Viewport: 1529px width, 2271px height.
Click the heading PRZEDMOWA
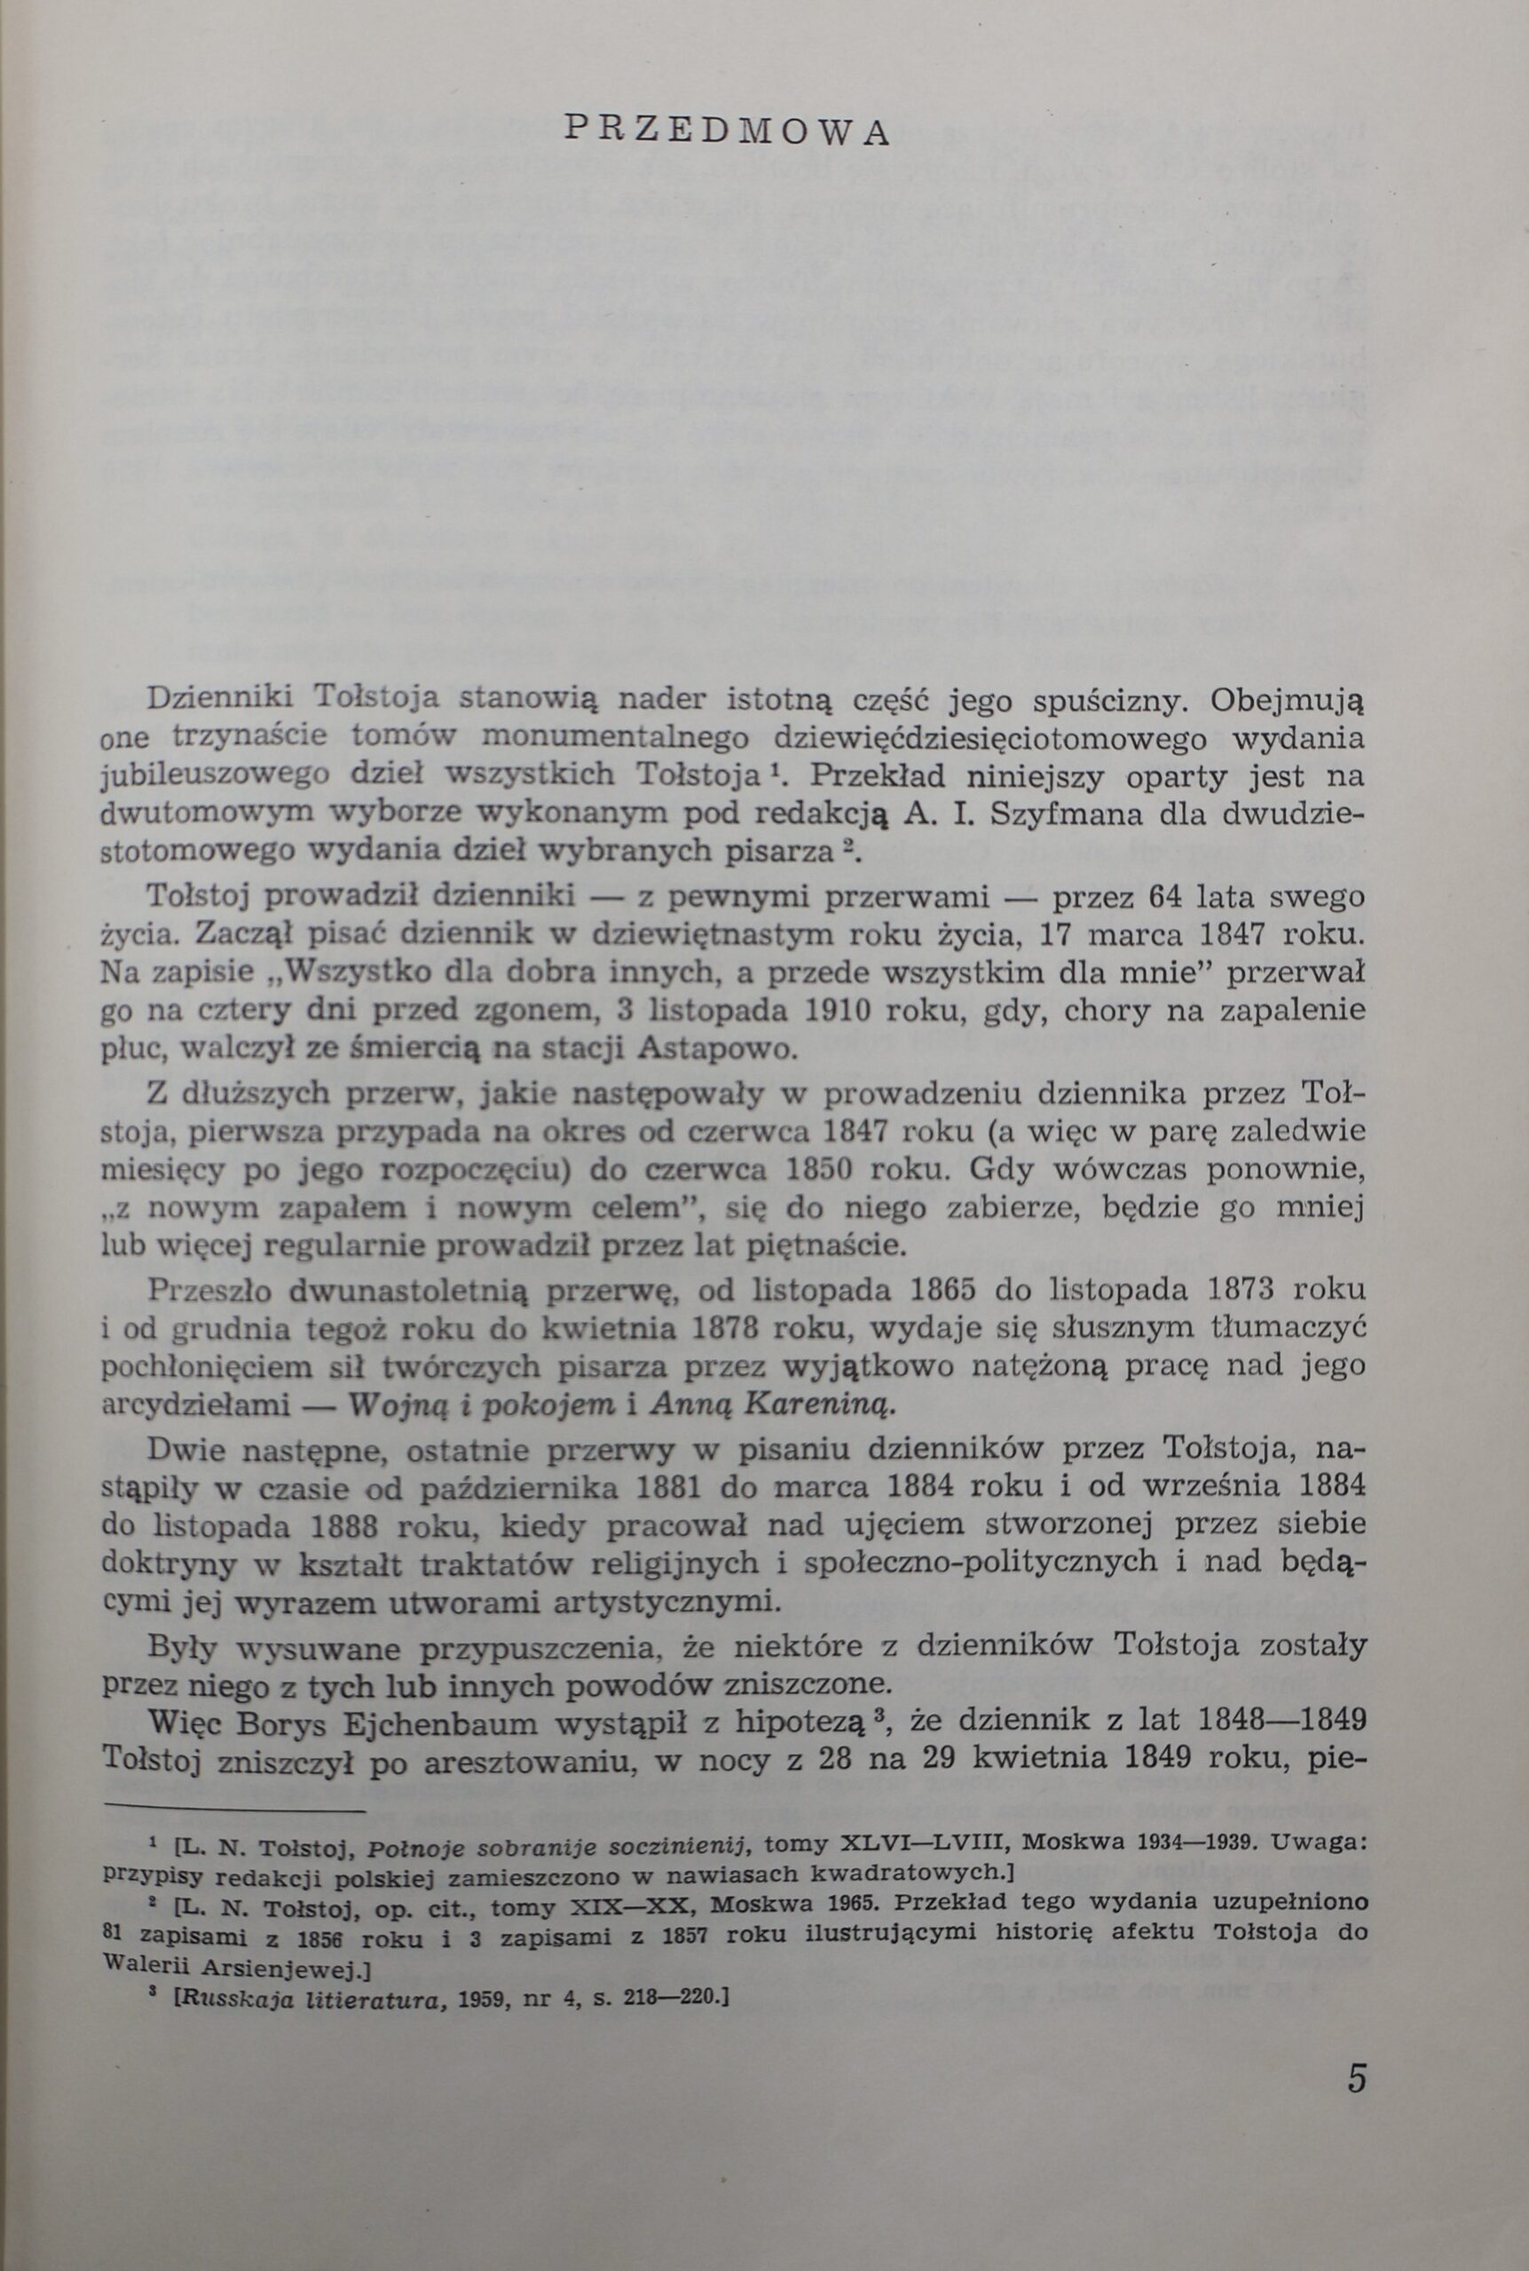(728, 131)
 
